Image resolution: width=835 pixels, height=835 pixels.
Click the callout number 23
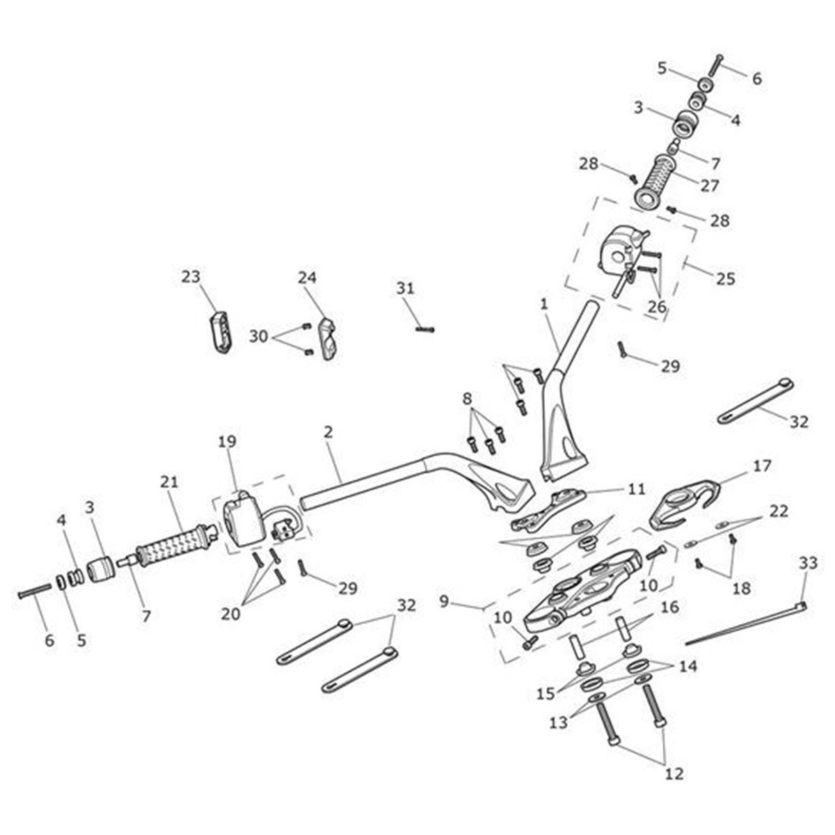191,277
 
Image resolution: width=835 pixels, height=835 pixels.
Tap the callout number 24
307,277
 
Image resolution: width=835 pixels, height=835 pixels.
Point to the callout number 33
807,564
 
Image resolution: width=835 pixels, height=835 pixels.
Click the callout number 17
762,466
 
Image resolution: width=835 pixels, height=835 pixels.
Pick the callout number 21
170,481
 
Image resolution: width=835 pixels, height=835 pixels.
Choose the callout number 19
227,441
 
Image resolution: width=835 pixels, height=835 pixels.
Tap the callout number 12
674,773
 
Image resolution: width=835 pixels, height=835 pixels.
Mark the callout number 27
710,186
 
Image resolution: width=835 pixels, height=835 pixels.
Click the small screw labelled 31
424,328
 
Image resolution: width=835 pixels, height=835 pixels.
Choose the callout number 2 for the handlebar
328,431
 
